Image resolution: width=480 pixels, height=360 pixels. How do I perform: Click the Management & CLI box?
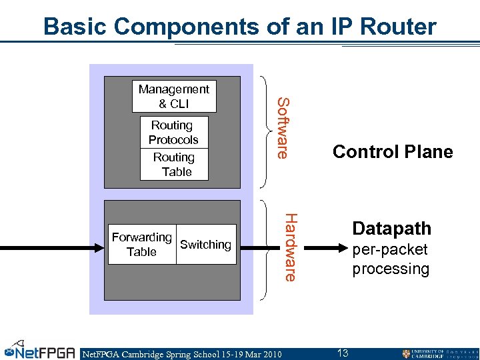coord(174,97)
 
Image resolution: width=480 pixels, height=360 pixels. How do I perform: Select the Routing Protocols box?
coord(174,132)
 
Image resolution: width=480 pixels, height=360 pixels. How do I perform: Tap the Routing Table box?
coord(174,165)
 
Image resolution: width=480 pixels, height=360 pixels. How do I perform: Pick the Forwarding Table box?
coord(142,245)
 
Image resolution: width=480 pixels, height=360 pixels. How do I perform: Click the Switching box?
coord(206,245)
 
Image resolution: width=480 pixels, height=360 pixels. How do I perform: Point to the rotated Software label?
coord(282,128)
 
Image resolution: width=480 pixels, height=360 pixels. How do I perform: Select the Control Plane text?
coord(392,152)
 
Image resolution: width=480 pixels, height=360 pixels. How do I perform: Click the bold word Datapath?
coord(391,229)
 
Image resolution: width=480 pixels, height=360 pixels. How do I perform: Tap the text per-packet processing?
coord(391,260)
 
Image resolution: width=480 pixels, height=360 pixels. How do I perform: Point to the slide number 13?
coord(343,353)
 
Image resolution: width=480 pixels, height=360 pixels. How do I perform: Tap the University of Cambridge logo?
coord(439,353)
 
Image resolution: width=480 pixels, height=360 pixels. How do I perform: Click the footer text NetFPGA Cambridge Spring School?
coord(181,354)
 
